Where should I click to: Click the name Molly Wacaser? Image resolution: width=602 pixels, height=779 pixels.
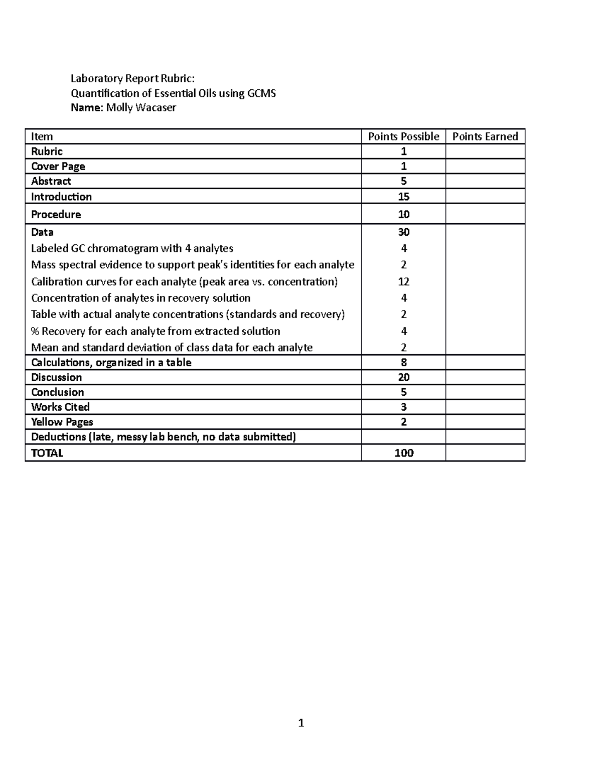[141, 108]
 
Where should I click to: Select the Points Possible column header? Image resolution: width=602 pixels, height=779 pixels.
[403, 136]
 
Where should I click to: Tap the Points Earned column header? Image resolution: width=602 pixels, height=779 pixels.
[485, 136]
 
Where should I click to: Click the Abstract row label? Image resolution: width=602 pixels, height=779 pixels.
[51, 181]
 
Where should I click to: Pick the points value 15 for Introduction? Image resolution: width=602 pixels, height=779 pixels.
[403, 197]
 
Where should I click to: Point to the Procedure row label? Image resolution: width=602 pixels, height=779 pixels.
[56, 214]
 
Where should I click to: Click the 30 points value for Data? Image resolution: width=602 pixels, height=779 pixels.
[403, 232]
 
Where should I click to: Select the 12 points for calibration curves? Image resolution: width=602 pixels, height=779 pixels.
[403, 281]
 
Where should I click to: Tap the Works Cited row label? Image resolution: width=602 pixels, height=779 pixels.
[60, 407]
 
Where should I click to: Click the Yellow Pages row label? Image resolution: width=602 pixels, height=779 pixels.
[62, 422]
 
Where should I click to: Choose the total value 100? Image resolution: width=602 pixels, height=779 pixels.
[403, 453]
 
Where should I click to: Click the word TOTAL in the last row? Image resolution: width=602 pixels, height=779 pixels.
[47, 453]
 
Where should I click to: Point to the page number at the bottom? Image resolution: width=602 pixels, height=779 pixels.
[301, 723]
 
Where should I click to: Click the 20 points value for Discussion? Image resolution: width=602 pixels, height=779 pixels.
[403, 377]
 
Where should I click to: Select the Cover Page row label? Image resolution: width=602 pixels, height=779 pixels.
[58, 166]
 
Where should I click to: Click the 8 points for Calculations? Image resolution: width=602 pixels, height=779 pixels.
[403, 362]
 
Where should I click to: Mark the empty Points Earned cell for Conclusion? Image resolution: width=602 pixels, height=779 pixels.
[485, 392]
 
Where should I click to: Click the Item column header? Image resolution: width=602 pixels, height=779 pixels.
[42, 136]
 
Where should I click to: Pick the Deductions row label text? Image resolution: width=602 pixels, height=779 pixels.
[164, 437]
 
